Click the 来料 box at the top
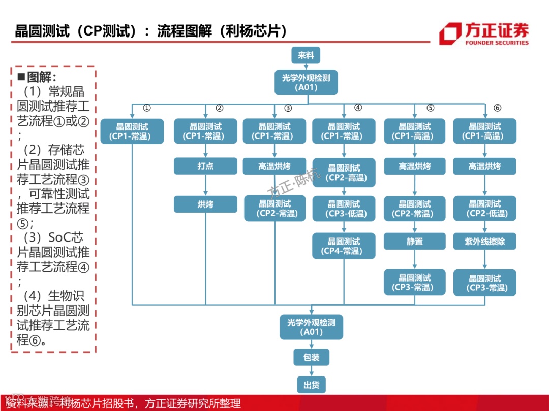306,56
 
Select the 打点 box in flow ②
205,166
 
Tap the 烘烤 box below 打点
205,204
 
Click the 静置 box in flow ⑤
415,242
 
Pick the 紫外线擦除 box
484,242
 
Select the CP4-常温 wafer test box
344,246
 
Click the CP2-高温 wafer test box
344,173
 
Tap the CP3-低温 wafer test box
344,209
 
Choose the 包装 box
311,357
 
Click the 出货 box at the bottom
311,385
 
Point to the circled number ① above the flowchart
147,108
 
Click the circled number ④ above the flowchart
358,108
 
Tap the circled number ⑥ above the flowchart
497,108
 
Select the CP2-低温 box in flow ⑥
484,209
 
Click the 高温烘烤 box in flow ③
274,166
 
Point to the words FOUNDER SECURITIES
497,43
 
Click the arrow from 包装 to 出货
311,371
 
